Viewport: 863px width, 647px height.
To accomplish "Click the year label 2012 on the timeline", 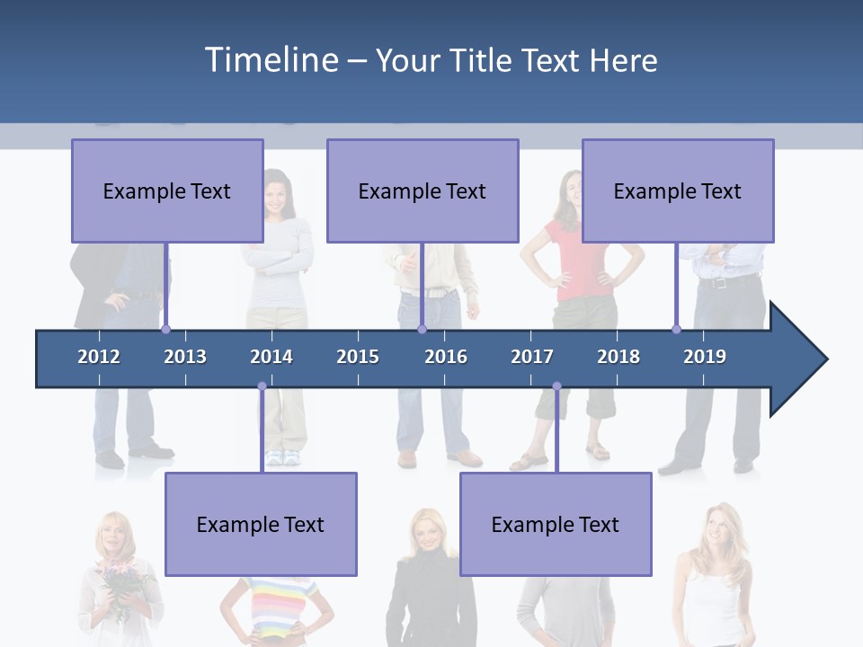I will pyautogui.click(x=99, y=357).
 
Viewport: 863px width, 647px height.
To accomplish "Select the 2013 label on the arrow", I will pyautogui.click(x=185, y=357).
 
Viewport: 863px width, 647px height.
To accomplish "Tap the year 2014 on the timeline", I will pyautogui.click(x=271, y=357).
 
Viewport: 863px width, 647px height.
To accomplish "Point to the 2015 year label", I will pyautogui.click(x=358, y=357).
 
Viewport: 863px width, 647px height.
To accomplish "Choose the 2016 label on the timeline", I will pyautogui.click(x=446, y=357).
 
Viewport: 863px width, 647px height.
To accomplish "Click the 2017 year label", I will pyautogui.click(x=532, y=357).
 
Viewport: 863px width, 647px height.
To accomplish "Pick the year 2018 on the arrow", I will pyautogui.click(x=618, y=357).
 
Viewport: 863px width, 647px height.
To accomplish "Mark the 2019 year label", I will pyautogui.click(x=705, y=357).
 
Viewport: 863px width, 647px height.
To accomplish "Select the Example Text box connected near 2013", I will pyautogui.click(x=167, y=191).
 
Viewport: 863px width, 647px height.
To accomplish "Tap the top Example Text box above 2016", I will pyautogui.click(x=423, y=191).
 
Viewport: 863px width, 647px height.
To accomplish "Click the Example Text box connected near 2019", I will pyautogui.click(x=678, y=191).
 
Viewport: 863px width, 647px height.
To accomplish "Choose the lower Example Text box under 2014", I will pyautogui.click(x=261, y=524).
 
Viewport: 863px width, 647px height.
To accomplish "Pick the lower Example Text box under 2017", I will pyautogui.click(x=556, y=524).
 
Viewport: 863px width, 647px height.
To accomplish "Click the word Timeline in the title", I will pyautogui.click(x=271, y=60).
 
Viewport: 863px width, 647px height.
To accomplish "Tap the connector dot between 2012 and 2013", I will pyautogui.click(x=165, y=330).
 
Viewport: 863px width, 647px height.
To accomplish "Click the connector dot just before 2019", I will pyautogui.click(x=676, y=330).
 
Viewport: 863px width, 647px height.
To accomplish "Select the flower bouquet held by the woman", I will pyautogui.click(x=120, y=580).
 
